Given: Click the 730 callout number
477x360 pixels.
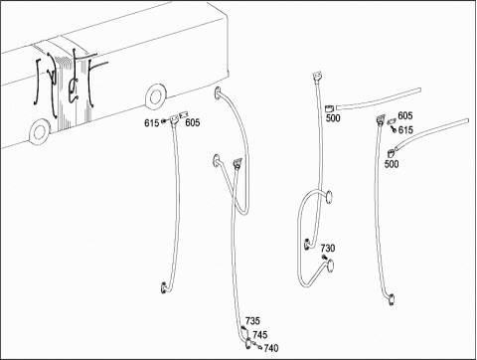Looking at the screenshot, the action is tap(328, 248).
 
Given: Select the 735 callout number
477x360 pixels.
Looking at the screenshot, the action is tap(252, 321).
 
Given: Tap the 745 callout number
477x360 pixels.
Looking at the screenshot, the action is tap(260, 335).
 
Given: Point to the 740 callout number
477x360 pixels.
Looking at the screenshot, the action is tap(271, 348).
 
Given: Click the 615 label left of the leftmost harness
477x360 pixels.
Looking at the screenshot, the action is tap(151, 123).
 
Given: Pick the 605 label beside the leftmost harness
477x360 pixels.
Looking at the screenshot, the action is tap(193, 123).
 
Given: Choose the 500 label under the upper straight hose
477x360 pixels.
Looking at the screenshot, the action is tap(333, 118).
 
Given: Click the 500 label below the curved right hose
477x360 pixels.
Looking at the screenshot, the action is tap(392, 164).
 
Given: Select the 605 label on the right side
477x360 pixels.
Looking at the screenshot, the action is tap(405, 115).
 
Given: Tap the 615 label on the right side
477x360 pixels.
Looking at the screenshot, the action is tap(405, 130).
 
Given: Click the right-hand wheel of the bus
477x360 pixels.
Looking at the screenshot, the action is tap(155, 96).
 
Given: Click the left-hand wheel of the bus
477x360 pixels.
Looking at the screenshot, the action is tap(39, 131).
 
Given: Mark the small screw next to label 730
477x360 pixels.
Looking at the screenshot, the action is tap(324, 258).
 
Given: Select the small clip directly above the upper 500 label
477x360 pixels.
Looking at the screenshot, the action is tap(329, 108).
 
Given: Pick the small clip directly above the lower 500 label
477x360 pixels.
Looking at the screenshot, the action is tap(391, 153).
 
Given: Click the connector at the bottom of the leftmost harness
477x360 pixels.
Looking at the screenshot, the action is tap(164, 287).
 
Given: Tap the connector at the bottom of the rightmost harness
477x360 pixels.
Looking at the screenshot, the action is tap(392, 299).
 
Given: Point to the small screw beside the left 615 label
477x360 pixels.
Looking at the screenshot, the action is tap(164, 121).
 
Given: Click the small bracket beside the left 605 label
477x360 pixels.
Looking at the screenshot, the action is tap(183, 115).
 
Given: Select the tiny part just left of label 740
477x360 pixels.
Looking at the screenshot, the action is tap(260, 347).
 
